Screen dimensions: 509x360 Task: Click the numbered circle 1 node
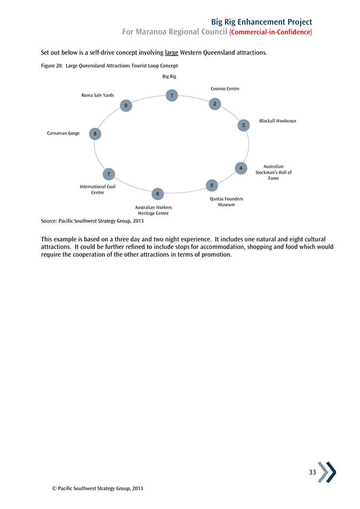coord(171,95)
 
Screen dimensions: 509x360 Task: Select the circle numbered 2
coord(214,104)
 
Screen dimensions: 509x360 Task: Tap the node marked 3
coord(243,125)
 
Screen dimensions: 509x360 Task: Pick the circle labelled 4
coord(241,168)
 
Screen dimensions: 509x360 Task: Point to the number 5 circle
coord(212,185)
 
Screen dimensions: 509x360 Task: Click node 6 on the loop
coord(157,193)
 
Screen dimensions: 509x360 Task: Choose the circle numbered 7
coord(108,174)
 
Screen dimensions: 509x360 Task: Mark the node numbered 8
coord(94,134)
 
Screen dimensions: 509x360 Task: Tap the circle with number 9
coord(125,106)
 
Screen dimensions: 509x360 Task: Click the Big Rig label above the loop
coord(169,77)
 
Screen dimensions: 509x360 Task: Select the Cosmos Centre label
coord(225,88)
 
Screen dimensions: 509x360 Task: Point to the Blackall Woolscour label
coord(277,121)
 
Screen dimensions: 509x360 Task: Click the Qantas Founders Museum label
coord(226,201)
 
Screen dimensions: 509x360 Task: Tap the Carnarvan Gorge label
coord(63,133)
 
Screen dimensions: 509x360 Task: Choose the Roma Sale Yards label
coord(97,95)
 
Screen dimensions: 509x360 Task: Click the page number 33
coord(312,472)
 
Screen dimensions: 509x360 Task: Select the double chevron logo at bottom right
coord(327,472)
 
